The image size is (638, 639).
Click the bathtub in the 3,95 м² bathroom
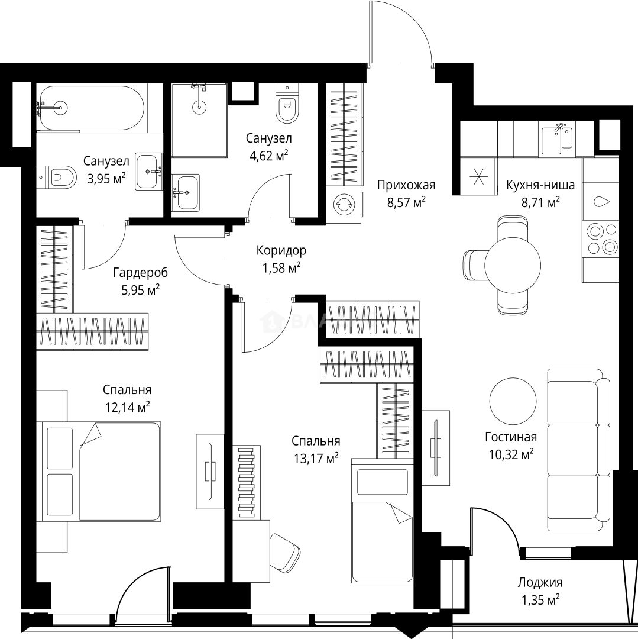90,108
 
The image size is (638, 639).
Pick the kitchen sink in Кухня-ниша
558,138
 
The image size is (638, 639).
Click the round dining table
513,265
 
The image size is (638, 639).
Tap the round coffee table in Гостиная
513,400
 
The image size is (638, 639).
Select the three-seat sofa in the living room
578,450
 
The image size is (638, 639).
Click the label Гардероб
141,272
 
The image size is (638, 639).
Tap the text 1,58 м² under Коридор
281,268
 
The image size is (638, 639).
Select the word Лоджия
540,583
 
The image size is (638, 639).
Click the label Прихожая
406,185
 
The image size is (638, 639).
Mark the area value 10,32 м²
511,454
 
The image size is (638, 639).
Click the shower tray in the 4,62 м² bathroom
199,120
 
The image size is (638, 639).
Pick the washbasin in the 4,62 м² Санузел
186,193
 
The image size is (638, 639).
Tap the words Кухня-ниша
540,185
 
